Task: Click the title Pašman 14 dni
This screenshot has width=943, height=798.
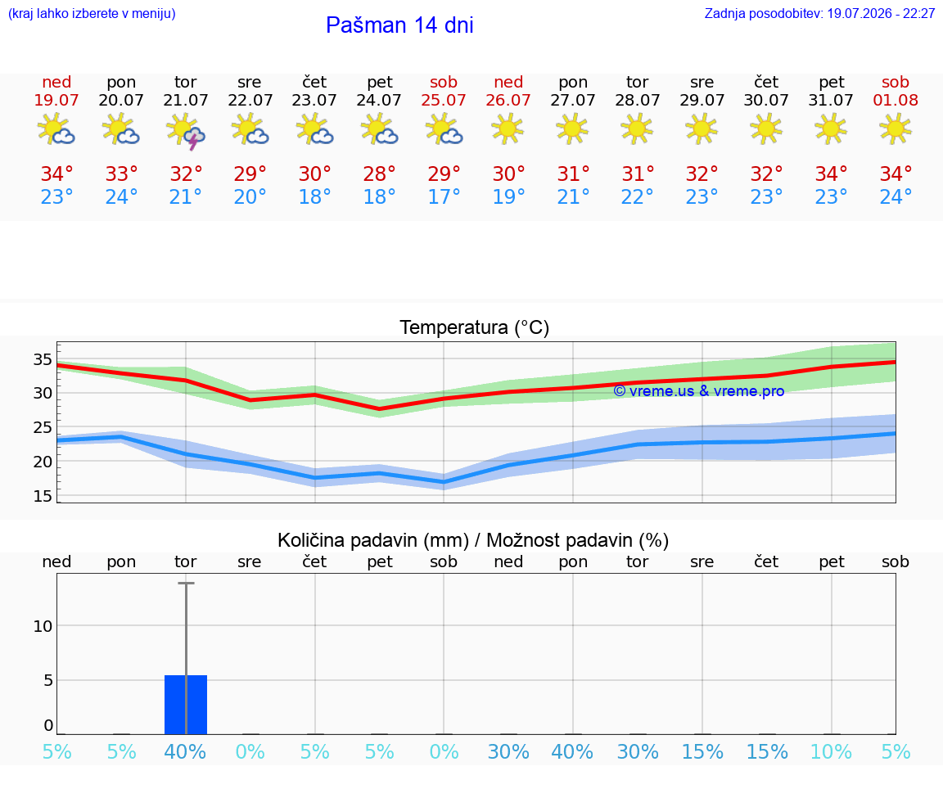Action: [399, 25]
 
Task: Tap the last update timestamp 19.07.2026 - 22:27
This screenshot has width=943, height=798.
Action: [881, 13]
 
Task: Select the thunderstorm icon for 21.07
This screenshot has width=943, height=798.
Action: [186, 130]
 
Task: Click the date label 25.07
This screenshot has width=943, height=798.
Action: [444, 100]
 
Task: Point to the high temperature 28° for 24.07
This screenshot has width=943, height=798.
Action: [379, 174]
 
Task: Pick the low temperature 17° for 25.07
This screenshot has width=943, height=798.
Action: [444, 196]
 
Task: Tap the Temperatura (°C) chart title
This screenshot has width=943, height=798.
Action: [475, 327]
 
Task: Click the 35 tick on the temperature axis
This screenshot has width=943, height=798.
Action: [43, 359]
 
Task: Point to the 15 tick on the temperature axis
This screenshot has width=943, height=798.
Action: [43, 496]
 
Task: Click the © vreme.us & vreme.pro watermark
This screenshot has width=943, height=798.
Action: [699, 391]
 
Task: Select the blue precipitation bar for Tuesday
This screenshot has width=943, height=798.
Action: [186, 704]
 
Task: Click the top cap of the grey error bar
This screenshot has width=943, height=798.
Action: [186, 583]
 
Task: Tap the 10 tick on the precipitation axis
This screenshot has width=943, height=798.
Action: [43, 626]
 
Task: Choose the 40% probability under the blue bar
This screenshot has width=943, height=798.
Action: [185, 751]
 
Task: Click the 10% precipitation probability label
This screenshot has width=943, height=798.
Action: [831, 751]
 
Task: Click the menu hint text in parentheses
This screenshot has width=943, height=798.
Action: [92, 13]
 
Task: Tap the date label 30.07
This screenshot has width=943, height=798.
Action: [766, 100]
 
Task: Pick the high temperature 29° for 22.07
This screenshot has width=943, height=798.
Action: [250, 174]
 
